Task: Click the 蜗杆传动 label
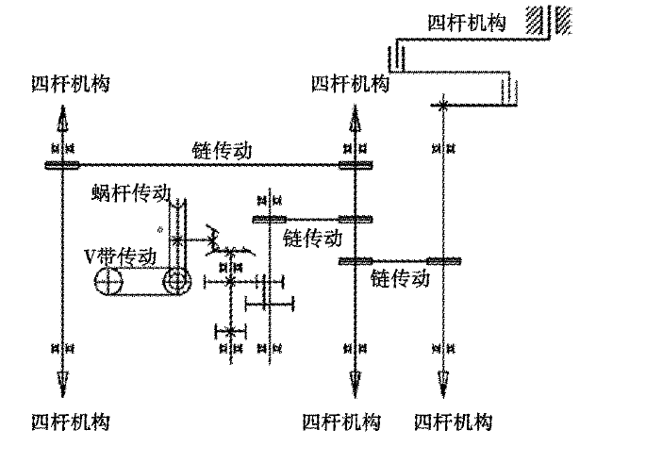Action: (131, 193)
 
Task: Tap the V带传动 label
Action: (114, 256)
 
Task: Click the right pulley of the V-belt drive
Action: (176, 281)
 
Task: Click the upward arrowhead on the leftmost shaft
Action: (62, 120)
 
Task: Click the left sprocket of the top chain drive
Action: (62, 165)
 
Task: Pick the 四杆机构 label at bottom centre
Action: (341, 421)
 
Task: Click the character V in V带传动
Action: (87, 256)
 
